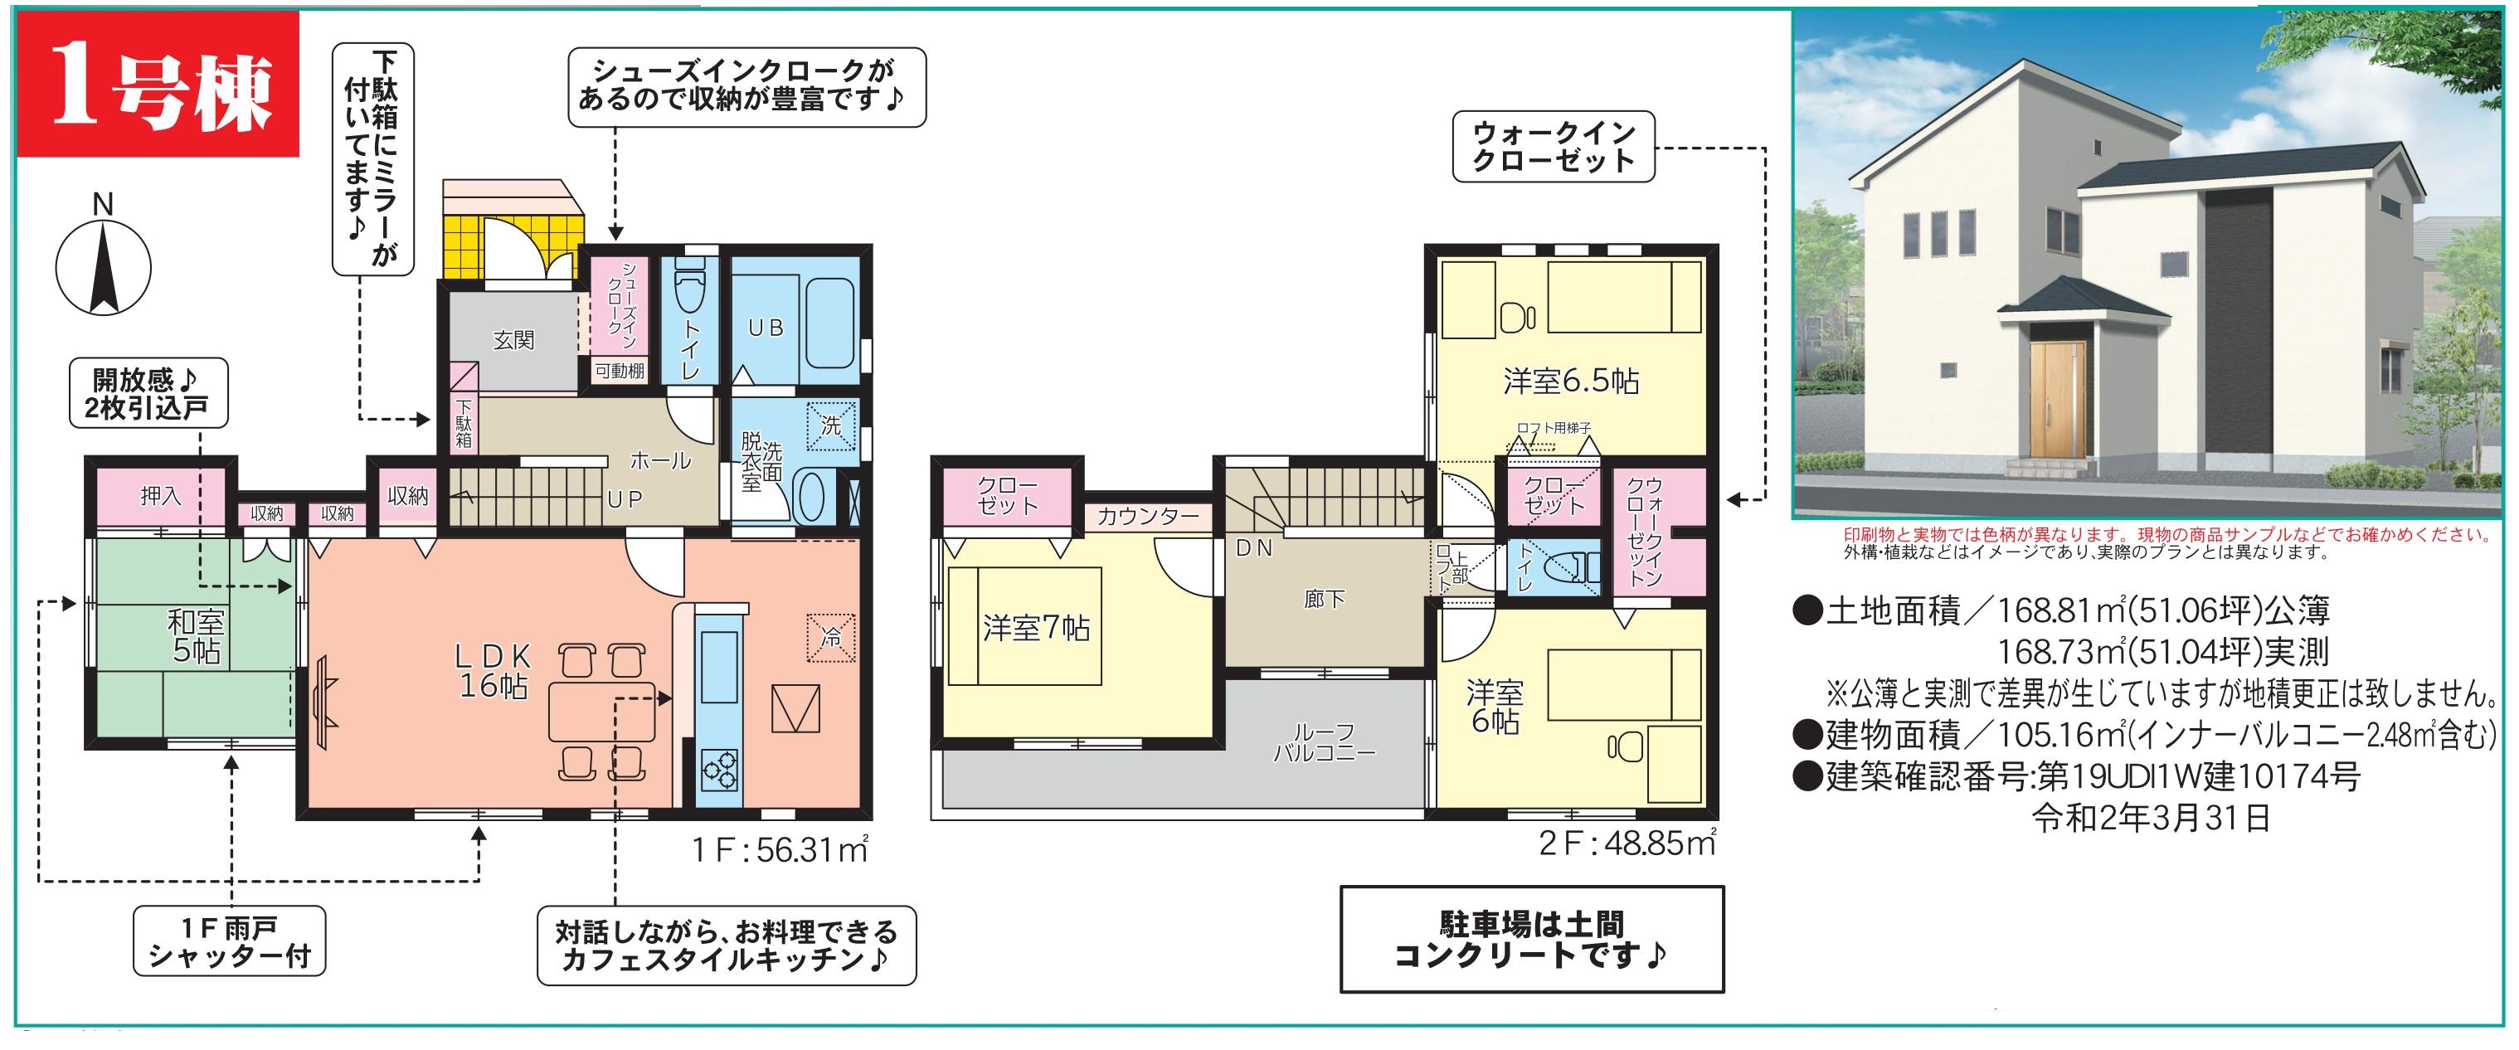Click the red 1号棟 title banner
157,85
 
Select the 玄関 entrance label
513,340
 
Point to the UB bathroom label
766,328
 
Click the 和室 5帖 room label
197,635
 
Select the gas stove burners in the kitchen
719,769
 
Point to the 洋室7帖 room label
1037,628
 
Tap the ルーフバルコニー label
1324,743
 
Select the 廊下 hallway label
1324,598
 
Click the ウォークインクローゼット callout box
1553,146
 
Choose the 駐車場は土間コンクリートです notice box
1531,939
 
